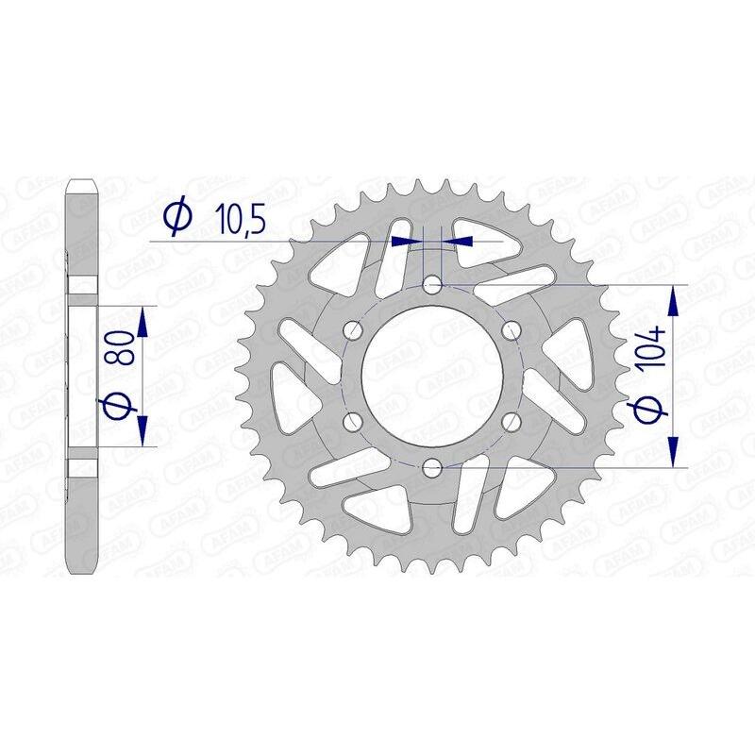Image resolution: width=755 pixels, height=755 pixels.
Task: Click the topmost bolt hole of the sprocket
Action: coord(432,284)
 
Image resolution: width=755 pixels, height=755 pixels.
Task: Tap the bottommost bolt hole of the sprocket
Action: coord(432,466)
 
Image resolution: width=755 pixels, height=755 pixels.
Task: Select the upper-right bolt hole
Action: coord(512,329)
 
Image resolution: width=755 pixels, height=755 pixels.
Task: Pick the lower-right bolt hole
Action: coord(512,420)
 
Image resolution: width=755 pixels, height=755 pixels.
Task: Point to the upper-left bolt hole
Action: coord(354,329)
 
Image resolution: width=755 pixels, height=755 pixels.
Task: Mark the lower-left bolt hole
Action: coord(354,420)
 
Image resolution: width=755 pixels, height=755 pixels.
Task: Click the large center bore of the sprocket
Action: coord(432,375)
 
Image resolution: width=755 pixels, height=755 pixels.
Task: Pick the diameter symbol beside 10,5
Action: coord(176,218)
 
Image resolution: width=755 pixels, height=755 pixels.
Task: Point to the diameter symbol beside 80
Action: coord(116,408)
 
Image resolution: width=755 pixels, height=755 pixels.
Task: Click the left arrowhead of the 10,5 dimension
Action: coord(405,241)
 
